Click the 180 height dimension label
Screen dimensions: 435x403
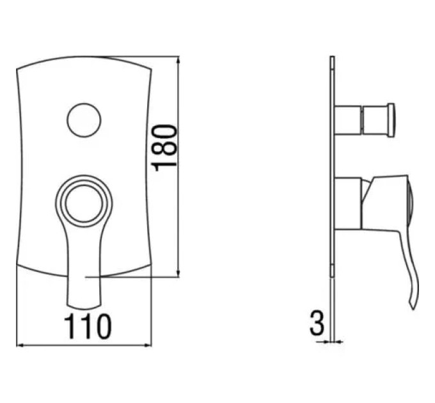(x=164, y=148)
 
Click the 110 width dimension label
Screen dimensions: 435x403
(x=88, y=326)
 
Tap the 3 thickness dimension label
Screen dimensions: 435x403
(x=317, y=323)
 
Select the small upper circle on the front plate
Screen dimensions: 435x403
(x=84, y=120)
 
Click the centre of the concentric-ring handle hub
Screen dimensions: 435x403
(x=84, y=203)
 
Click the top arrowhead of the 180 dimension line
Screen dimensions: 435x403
(x=178, y=59)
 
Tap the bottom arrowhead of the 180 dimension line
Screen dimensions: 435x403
(x=178, y=274)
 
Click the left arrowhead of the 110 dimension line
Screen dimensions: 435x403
(x=20, y=345)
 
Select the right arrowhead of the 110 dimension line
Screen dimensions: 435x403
(x=148, y=345)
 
